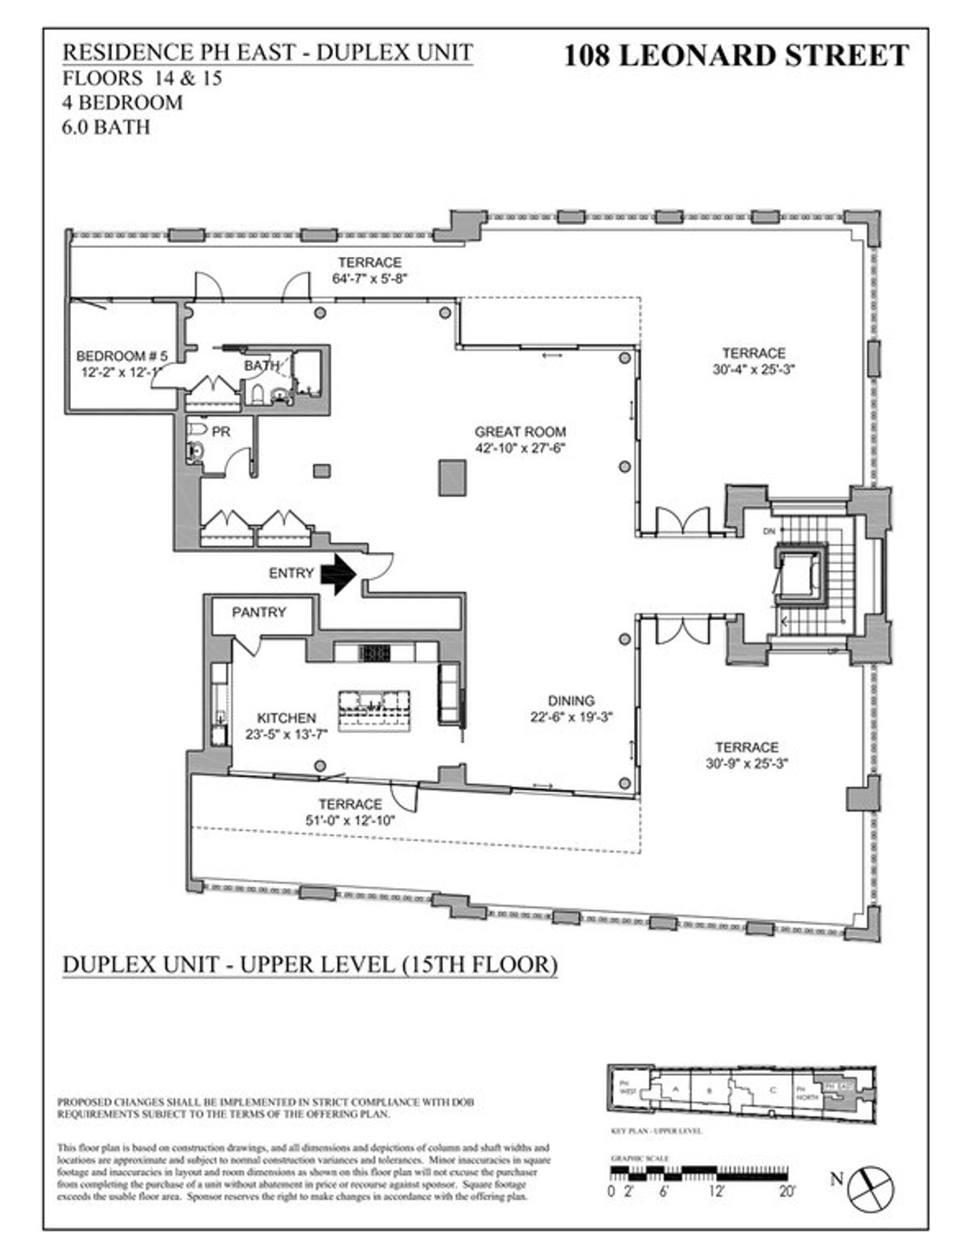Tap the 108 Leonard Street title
(735, 55)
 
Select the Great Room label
(520, 432)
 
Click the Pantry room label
(258, 612)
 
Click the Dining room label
(570, 701)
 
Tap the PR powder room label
(220, 432)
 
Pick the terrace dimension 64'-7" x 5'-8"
(369, 278)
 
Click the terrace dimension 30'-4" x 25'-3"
(753, 369)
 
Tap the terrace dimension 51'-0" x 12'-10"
(349, 820)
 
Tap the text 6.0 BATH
(106, 127)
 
